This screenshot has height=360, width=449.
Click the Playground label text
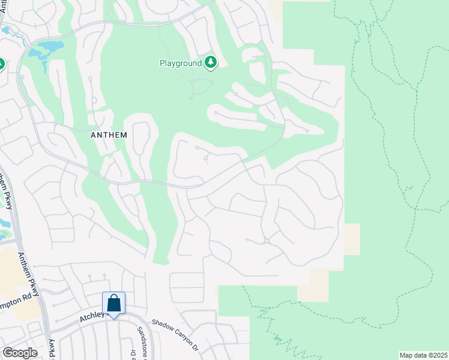pyautogui.click(x=180, y=62)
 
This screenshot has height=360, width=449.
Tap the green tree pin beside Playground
pyautogui.click(x=210, y=62)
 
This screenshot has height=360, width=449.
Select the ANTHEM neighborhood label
pyautogui.click(x=109, y=135)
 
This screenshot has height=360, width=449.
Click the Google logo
pyautogui.click(x=20, y=352)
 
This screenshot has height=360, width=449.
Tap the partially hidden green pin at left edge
pyautogui.click(x=1, y=64)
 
